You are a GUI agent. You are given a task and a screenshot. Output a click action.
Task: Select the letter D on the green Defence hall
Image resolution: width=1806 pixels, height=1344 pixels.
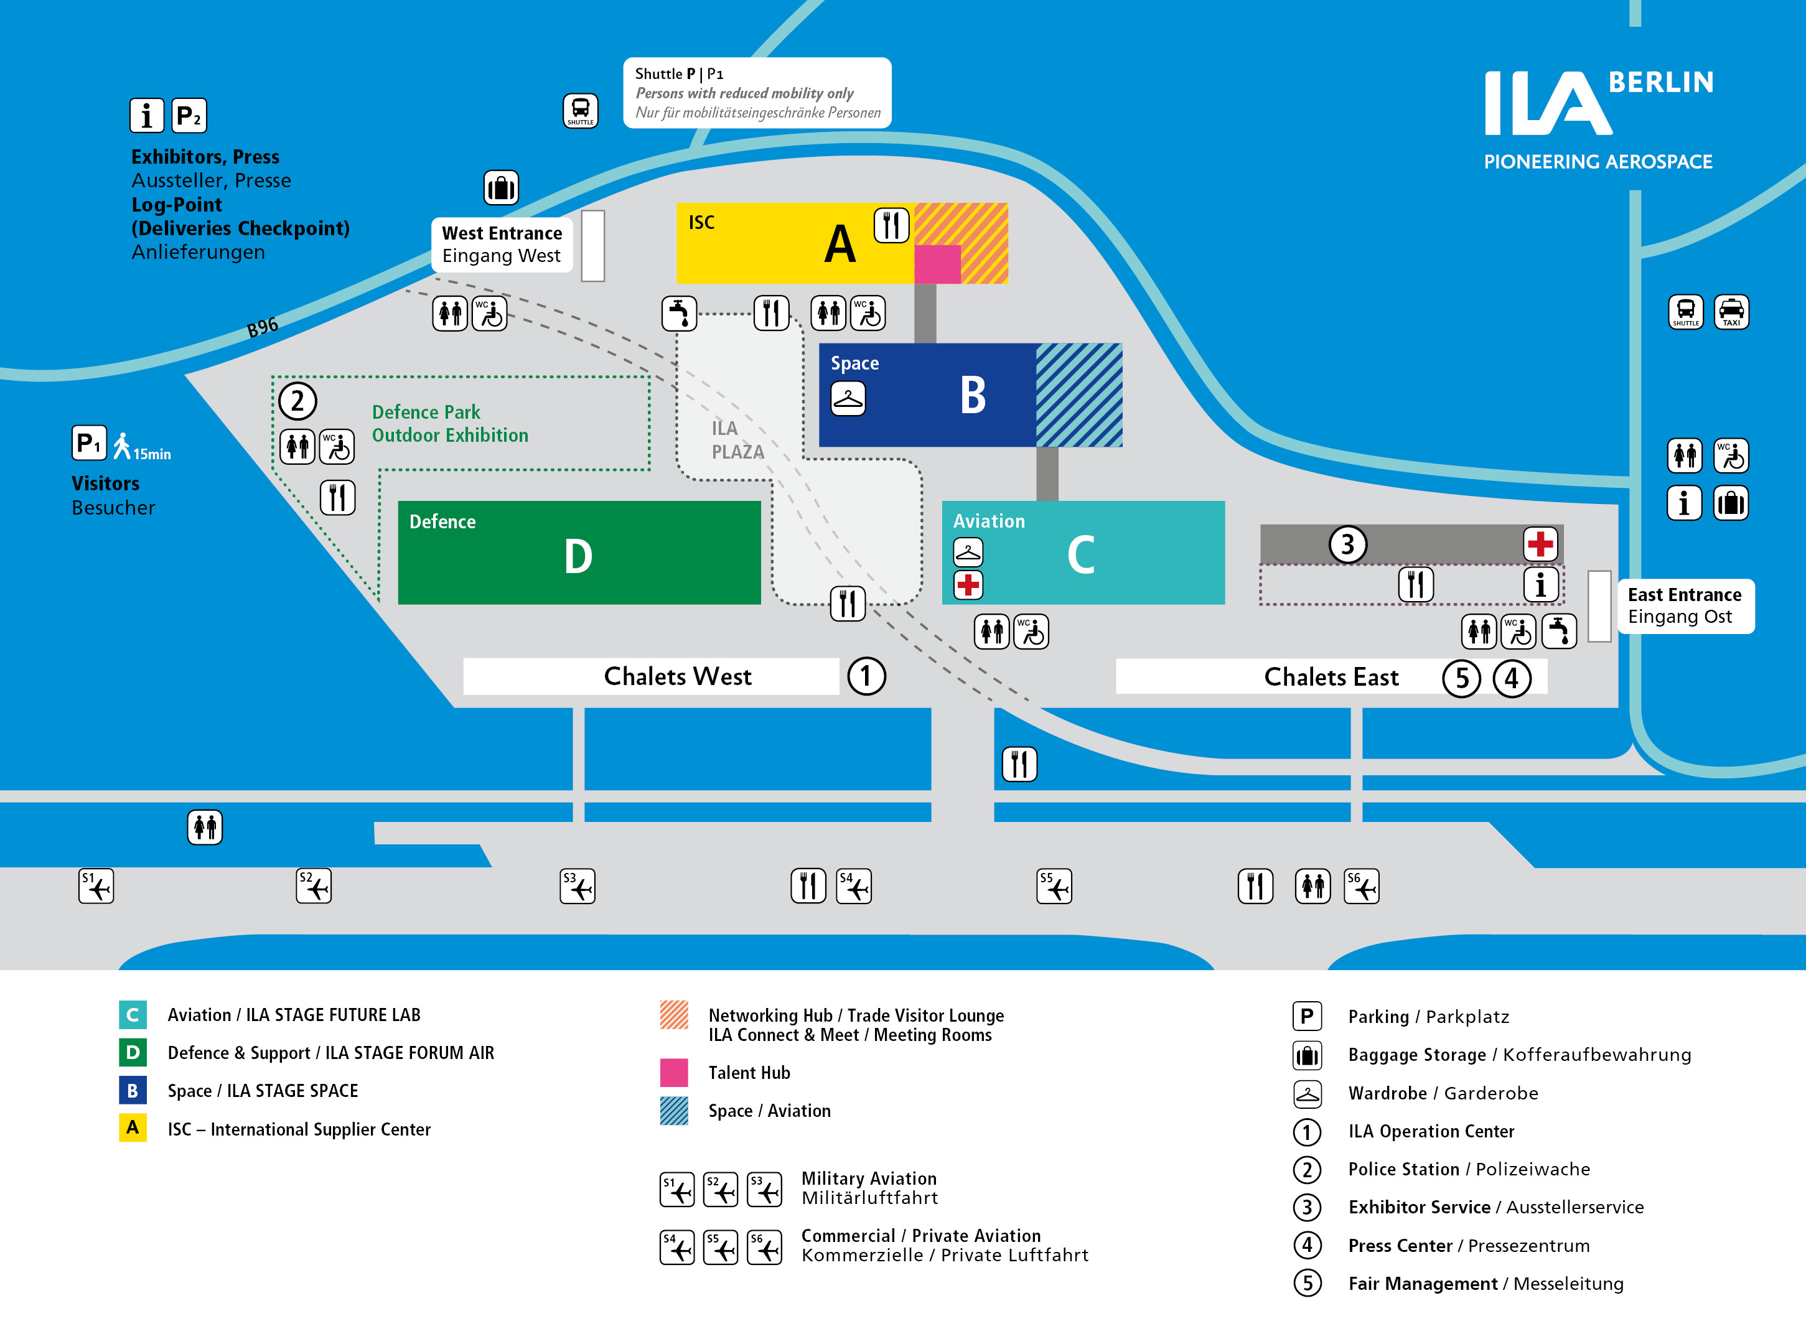coord(578,556)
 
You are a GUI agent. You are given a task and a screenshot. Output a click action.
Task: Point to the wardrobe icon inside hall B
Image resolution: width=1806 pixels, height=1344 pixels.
coord(848,399)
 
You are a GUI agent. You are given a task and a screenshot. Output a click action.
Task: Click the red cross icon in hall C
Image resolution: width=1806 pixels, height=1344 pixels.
coord(967,584)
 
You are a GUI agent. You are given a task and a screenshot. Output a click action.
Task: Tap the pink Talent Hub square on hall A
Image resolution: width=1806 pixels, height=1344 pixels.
coord(937,264)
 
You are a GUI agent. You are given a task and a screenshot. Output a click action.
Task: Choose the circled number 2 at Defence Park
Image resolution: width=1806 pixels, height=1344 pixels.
coord(297,401)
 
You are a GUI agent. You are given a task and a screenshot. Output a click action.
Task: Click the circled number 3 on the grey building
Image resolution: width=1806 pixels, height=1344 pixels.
coord(1347,544)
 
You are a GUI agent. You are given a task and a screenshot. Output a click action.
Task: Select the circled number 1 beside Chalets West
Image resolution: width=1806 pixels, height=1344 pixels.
coord(866,676)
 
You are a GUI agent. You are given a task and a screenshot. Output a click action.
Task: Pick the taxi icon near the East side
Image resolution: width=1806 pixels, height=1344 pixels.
coord(1731,312)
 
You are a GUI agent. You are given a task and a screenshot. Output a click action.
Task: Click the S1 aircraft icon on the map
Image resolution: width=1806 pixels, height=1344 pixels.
coord(96,886)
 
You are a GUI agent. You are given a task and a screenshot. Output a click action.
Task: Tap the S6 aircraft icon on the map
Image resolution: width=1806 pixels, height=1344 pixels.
coord(1361,886)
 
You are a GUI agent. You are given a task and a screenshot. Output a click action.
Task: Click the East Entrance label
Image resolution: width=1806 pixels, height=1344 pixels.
coord(1684,605)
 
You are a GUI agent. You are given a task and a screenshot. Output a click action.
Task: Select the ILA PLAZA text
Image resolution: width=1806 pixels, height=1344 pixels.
coord(737,440)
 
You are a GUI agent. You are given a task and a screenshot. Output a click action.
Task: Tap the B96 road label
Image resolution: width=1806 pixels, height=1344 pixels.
coord(262,327)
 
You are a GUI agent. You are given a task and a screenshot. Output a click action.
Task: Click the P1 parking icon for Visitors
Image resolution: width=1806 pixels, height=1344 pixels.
coord(88,444)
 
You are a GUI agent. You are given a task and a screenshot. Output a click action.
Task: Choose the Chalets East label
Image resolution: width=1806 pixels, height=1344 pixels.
coord(1331,677)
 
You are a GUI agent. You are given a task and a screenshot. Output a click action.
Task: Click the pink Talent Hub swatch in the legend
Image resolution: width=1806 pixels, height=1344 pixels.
coord(673,1072)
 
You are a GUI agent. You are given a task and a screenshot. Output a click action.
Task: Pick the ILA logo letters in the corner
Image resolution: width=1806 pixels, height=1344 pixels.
coord(1546,103)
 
